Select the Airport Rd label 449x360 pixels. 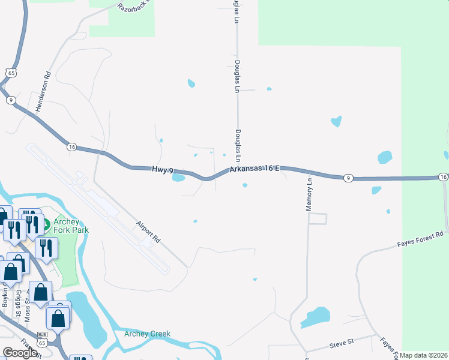click(x=149, y=232)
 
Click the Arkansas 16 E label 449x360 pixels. click(x=255, y=170)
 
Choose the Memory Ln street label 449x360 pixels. click(x=310, y=193)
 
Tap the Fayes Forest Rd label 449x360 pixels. click(x=421, y=239)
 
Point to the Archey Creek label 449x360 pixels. click(x=148, y=334)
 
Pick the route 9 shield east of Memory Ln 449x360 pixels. click(x=348, y=178)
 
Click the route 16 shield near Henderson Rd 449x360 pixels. click(x=71, y=146)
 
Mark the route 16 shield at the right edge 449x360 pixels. click(x=443, y=177)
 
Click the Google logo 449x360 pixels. click(x=20, y=353)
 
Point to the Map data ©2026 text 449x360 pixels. click(x=424, y=355)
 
